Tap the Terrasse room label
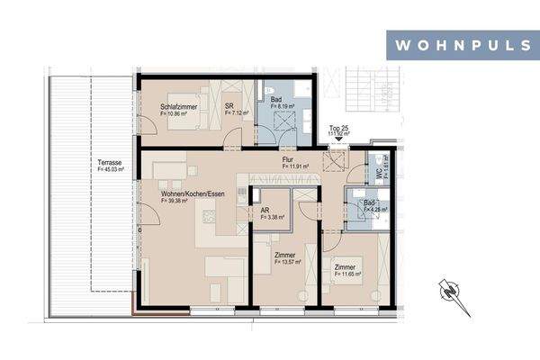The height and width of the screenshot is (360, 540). (x=112, y=163)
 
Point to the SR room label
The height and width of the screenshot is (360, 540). (x=230, y=106)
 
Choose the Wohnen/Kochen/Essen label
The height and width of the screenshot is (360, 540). (x=193, y=194)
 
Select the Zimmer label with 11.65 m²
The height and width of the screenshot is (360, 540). (x=344, y=267)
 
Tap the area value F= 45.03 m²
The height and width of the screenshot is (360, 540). (x=112, y=170)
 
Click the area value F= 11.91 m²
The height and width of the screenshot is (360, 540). (x=295, y=166)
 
